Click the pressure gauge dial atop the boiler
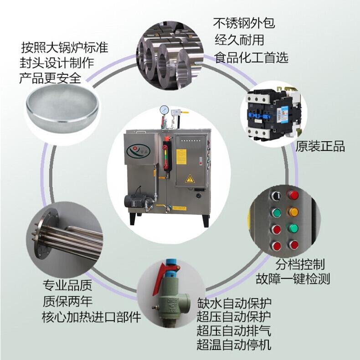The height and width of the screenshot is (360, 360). tap(165, 110)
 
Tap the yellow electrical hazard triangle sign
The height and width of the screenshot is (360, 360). tap(190, 179)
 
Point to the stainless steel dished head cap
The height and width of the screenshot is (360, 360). tap(62, 108)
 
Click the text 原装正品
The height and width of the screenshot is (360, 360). tap(320, 146)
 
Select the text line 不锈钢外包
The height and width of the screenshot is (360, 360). tap(244, 23)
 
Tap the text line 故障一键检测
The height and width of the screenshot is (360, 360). tap(293, 279)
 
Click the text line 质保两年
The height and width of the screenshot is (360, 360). tap(67, 301)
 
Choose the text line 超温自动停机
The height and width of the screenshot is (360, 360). tap(234, 345)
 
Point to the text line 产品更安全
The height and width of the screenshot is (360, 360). tap(50, 78)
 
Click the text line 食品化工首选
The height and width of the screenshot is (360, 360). tap(251, 57)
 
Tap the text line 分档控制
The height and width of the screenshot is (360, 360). tap(300, 264)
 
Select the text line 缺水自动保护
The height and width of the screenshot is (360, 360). tap(234, 303)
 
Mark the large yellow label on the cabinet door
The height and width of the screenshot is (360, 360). tap(181, 157)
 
